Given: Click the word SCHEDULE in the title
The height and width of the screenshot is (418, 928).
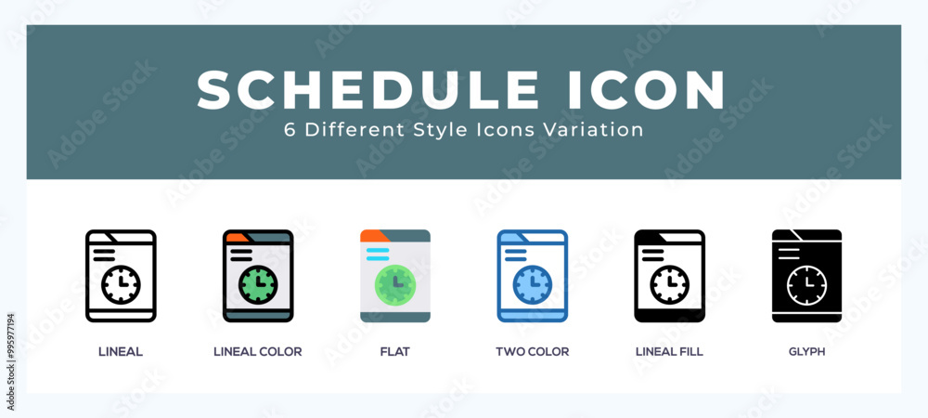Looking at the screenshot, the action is pyautogui.click(x=367, y=90).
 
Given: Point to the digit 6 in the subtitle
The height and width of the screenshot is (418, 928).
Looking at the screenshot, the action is pyautogui.click(x=290, y=130).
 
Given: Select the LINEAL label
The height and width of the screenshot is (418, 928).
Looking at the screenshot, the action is pyautogui.click(x=121, y=352).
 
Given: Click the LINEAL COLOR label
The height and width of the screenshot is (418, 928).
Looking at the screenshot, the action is pyautogui.click(x=257, y=352).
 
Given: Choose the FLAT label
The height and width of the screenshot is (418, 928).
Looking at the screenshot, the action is pyautogui.click(x=394, y=352).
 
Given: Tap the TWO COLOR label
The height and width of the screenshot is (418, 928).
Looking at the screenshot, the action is pyautogui.click(x=532, y=352).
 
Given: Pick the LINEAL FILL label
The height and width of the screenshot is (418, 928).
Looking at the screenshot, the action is pyautogui.click(x=669, y=352).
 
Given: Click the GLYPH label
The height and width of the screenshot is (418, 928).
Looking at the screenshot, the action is pyautogui.click(x=806, y=352).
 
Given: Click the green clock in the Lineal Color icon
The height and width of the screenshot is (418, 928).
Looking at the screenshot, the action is pyautogui.click(x=258, y=285).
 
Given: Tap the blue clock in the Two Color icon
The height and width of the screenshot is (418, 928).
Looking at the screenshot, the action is pyautogui.click(x=532, y=285).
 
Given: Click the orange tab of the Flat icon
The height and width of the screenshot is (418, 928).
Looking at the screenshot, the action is pyautogui.click(x=373, y=235).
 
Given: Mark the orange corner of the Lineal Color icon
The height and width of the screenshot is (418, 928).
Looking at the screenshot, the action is pyautogui.click(x=235, y=237).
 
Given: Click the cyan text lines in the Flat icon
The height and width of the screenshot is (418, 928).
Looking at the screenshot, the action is pyautogui.click(x=378, y=255).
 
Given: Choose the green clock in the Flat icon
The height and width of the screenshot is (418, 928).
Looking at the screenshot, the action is pyautogui.click(x=395, y=285).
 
